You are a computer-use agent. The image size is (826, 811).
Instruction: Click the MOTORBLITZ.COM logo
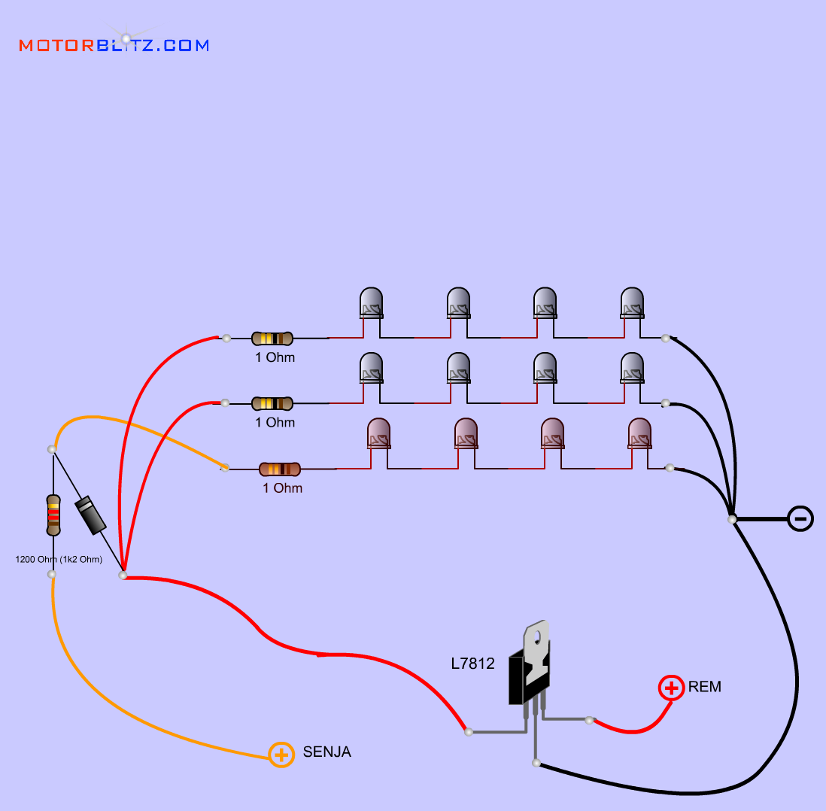(114, 45)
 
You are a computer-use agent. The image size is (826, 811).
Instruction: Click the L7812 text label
(472, 664)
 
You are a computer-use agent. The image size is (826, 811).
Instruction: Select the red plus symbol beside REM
(671, 688)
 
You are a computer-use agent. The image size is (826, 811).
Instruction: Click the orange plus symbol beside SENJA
(281, 754)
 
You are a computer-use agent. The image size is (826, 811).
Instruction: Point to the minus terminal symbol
(800, 518)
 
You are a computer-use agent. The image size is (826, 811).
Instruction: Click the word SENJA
(326, 752)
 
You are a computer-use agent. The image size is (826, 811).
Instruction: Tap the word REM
(704, 687)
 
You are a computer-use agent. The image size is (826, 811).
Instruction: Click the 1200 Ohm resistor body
(53, 515)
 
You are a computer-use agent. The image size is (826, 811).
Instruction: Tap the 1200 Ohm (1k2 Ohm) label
(59, 559)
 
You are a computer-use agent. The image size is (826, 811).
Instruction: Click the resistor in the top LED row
(272, 339)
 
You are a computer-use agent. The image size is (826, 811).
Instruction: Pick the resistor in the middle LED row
(272, 404)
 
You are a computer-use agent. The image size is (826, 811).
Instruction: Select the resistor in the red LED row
(280, 469)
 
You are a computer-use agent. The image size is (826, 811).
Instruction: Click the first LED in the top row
(371, 302)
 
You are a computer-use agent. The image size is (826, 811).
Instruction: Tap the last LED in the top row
(632, 302)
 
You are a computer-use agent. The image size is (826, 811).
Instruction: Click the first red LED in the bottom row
(378, 433)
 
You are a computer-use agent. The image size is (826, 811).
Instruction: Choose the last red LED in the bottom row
(639, 433)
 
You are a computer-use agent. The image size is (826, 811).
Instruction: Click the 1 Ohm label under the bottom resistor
(282, 488)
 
